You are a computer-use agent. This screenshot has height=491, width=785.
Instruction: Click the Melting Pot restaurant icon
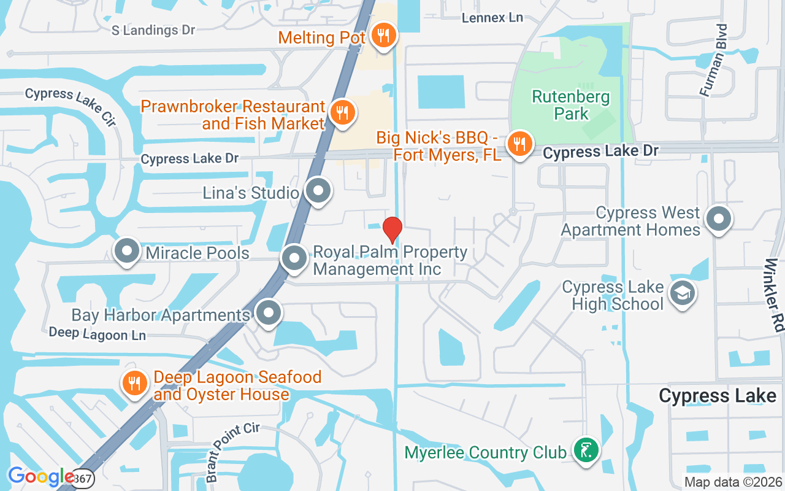(383, 36)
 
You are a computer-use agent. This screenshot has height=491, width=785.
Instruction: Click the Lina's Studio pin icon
(318, 191)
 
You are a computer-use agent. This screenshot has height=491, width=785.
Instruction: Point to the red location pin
(392, 230)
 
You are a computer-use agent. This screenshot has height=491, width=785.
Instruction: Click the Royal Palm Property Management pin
(294, 258)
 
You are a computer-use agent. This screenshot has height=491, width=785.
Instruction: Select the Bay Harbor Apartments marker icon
(268, 313)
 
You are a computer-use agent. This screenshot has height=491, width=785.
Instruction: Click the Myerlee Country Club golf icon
(586, 451)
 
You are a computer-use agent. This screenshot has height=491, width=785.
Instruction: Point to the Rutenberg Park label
(571, 105)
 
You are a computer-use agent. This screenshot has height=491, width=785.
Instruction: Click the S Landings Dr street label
(153, 30)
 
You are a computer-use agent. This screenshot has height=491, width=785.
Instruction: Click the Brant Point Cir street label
(232, 451)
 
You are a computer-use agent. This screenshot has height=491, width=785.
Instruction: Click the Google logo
(41, 476)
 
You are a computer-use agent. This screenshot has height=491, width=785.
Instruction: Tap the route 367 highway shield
(85, 478)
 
